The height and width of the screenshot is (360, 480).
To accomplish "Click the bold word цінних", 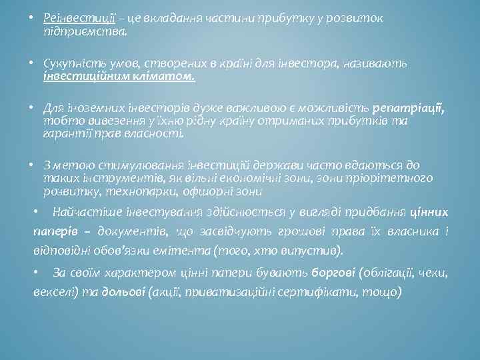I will click(x=429, y=212).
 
